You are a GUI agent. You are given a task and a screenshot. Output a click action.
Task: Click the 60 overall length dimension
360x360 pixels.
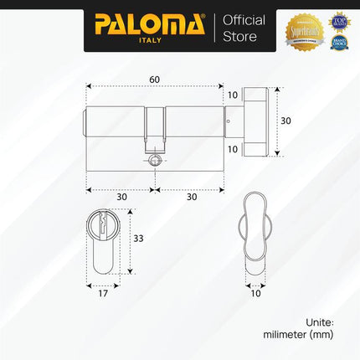click(155, 79)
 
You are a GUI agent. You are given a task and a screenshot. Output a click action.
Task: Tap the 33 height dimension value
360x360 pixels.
click(140, 239)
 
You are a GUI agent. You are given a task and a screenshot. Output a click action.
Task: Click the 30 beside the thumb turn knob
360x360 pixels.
click(285, 121)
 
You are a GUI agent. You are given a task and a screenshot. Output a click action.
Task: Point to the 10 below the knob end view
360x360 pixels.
click(255, 293)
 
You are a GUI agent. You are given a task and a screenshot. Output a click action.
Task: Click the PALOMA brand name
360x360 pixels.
click(149, 23)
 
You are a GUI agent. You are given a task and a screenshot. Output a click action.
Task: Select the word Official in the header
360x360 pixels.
click(241, 19)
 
